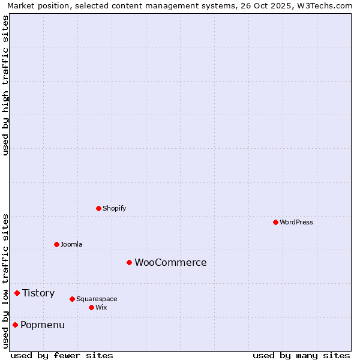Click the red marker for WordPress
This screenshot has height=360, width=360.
(275, 222)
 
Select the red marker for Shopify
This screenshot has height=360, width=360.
(98, 208)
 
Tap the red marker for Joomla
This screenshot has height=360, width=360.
(56, 244)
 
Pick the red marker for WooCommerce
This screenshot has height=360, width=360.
(129, 262)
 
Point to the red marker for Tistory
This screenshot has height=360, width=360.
(17, 293)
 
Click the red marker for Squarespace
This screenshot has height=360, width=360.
(72, 299)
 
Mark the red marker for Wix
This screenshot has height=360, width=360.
(91, 307)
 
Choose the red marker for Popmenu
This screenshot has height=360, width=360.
(15, 325)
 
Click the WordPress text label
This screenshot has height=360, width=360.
(296, 222)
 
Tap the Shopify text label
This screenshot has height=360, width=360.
(114, 208)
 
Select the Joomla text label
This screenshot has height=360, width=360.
(71, 244)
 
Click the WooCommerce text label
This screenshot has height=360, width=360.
(170, 262)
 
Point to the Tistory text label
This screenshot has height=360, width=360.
(38, 293)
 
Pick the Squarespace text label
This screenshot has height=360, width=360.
(97, 299)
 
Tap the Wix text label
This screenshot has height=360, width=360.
(101, 307)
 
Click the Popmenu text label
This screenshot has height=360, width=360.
(43, 325)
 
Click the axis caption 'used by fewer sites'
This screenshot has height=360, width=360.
(62, 355)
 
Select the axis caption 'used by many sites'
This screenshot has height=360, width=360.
(301, 355)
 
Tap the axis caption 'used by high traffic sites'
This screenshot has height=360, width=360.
(5, 85)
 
